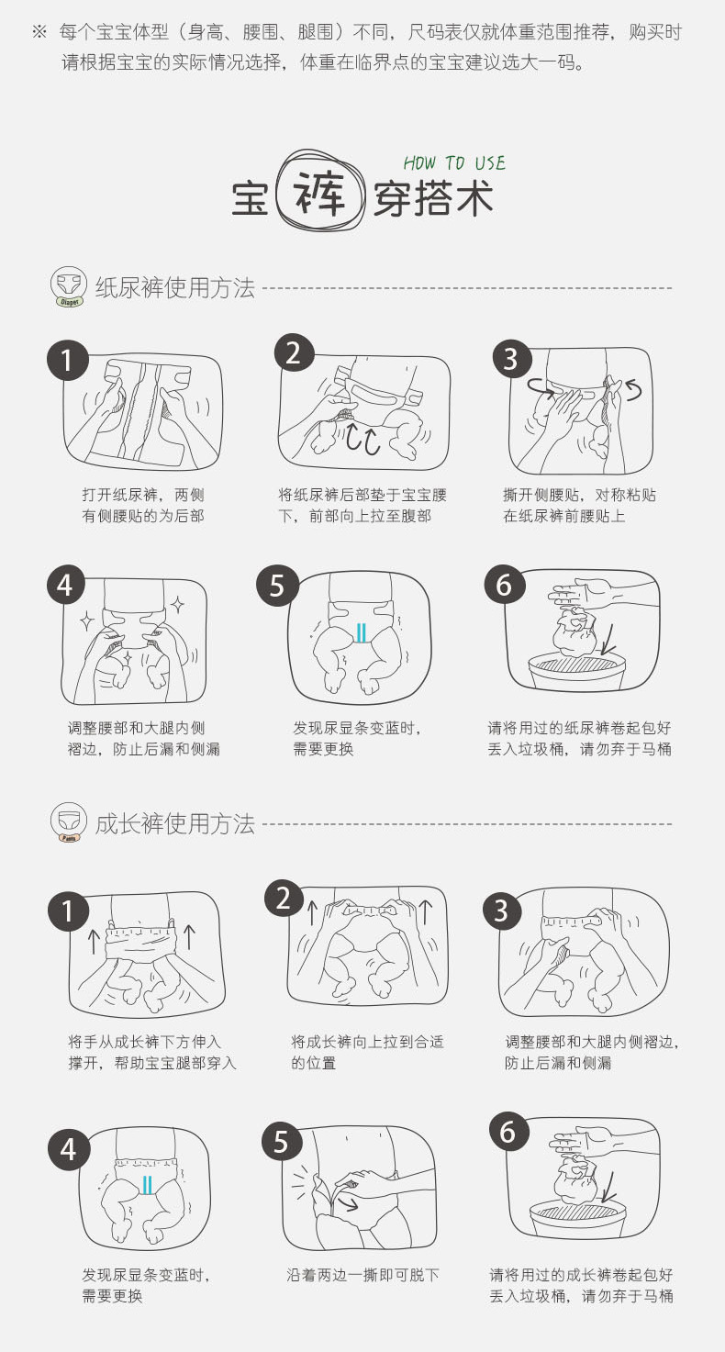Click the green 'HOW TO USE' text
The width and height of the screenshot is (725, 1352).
[x=454, y=163]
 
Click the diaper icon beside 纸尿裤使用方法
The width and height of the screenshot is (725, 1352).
[x=67, y=287]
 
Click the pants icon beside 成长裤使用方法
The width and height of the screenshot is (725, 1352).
[x=67, y=823]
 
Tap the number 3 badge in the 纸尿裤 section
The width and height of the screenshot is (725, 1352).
[x=511, y=359]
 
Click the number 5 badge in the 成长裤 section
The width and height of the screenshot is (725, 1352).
[x=281, y=1142]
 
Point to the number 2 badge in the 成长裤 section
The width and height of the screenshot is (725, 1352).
[x=284, y=898]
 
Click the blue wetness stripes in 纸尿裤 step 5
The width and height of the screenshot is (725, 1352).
[x=361, y=631]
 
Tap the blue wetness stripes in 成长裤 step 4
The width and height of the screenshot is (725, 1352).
[x=147, y=1184]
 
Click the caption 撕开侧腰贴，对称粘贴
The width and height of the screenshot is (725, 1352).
[x=580, y=495]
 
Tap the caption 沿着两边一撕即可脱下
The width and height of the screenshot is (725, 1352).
[x=362, y=1275]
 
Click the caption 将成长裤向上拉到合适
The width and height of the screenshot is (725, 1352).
[x=367, y=1042]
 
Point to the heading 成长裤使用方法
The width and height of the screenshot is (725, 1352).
[x=174, y=824]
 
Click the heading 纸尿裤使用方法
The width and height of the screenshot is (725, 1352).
[x=174, y=287]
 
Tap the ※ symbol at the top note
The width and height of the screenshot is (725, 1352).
[x=39, y=33]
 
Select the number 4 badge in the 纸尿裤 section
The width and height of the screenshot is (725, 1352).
[x=65, y=585]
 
